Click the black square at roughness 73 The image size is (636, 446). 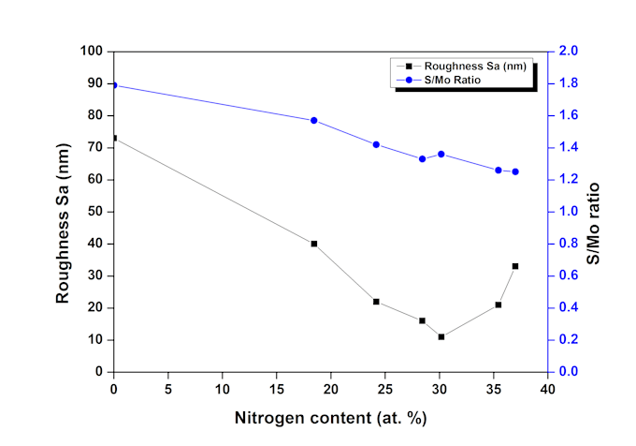coord(114,138)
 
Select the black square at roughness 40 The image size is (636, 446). coord(314,244)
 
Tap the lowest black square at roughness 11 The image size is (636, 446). coord(441,336)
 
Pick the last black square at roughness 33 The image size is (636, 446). coord(515,266)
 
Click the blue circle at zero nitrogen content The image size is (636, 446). coord(114,85)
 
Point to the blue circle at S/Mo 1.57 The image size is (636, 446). coord(314,120)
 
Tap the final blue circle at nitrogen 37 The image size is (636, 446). coord(515,171)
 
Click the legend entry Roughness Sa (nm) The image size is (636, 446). coord(477,67)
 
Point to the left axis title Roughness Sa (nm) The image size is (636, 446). coord(63,212)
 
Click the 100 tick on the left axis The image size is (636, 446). coord(91,52)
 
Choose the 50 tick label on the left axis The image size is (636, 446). coord(94,212)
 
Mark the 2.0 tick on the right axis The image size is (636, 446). coord(568,52)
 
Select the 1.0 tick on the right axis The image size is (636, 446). coord(568,212)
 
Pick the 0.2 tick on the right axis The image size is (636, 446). coord(568,340)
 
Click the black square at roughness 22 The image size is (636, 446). coord(376,302)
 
